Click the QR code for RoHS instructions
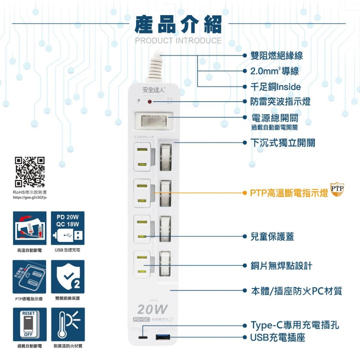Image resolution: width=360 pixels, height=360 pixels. [x=30, y=172]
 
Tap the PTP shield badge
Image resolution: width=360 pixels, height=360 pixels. [x=337, y=189]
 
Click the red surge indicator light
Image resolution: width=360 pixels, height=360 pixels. [x=149, y=102]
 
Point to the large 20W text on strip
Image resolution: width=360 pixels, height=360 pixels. [x=152, y=309]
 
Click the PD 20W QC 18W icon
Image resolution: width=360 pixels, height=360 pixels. [x=68, y=228]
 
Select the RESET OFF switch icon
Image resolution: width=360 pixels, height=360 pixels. [x=30, y=324]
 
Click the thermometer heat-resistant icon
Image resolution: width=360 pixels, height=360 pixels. [x=68, y=324]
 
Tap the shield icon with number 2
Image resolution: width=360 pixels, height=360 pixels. [x=68, y=276]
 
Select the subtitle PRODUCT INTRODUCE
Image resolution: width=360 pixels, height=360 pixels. [x=179, y=41]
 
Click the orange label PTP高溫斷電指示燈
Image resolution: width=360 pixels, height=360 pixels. [x=289, y=193]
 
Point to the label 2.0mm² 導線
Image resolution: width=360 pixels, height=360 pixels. [x=275, y=71]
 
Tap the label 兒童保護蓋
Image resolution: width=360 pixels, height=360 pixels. [x=272, y=237]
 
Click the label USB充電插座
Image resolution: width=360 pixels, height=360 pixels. [x=278, y=338]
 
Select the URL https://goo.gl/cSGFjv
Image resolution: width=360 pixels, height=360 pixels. [x=30, y=197]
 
